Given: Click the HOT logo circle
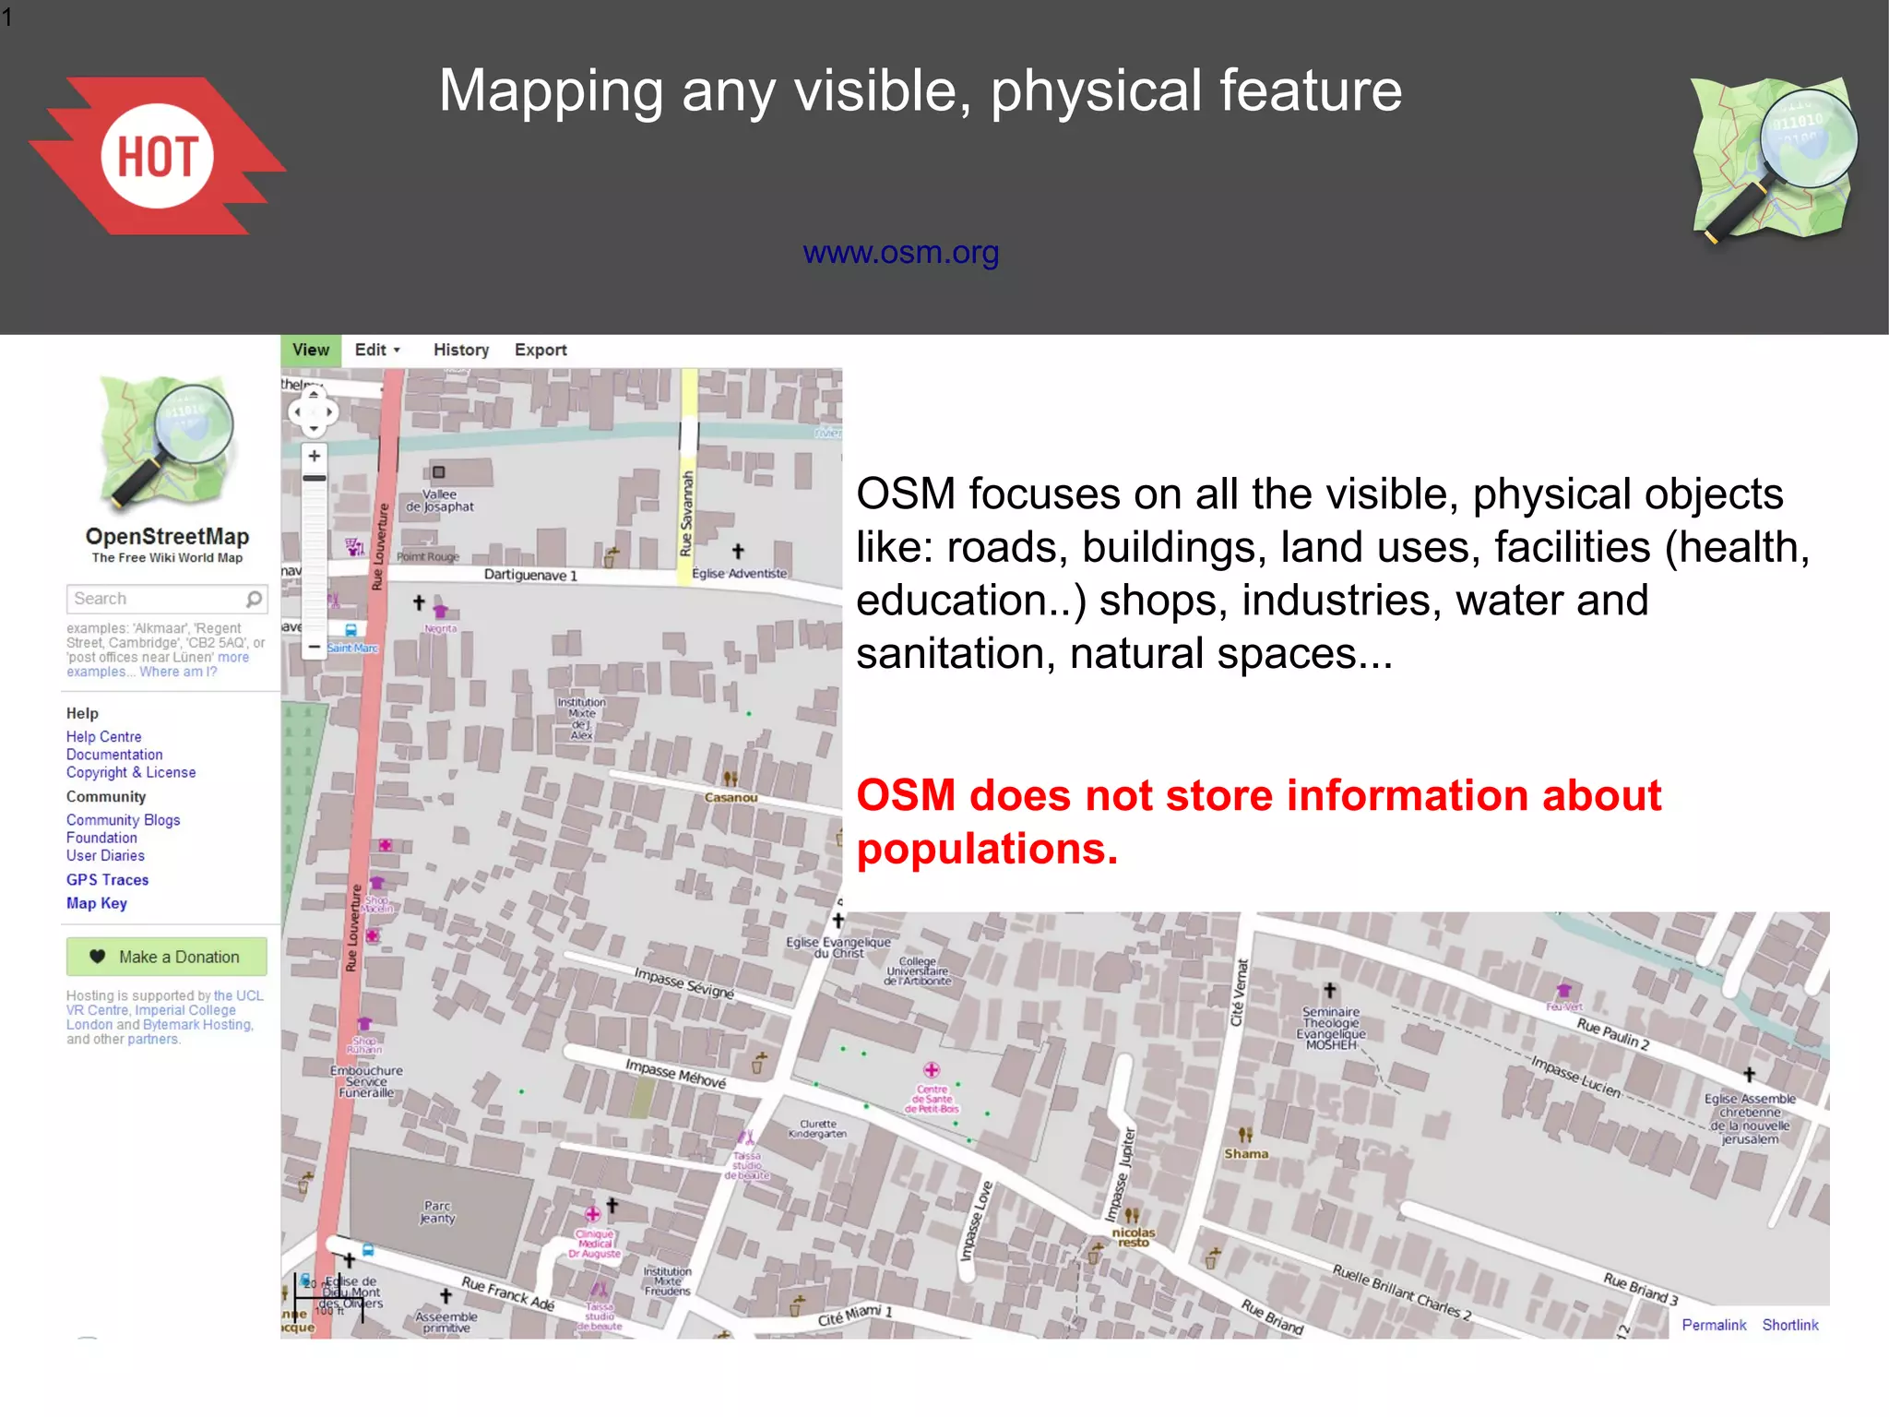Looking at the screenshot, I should click(157, 156).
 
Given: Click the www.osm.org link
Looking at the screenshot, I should click(900, 252).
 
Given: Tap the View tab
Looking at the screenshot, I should click(310, 350).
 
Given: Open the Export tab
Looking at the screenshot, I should click(541, 350).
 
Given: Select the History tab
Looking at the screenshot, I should click(461, 350).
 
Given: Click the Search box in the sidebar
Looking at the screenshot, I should click(157, 599).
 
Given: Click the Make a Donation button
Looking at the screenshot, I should click(167, 957).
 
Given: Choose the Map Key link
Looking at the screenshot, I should click(96, 903).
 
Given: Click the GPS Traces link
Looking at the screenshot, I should click(107, 880).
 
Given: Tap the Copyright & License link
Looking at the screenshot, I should click(131, 772).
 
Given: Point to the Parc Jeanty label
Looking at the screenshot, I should click(437, 1212).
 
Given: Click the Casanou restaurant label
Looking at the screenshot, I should click(731, 797).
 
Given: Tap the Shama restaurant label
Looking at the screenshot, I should click(1246, 1153).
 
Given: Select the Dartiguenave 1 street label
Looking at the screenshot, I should click(530, 575).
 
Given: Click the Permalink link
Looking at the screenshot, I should click(1714, 1325).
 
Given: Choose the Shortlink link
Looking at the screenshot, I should click(1790, 1325).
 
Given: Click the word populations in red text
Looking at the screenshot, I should click(987, 849).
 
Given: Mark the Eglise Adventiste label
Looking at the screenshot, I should click(740, 573).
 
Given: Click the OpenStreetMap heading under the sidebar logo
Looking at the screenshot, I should click(167, 536).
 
